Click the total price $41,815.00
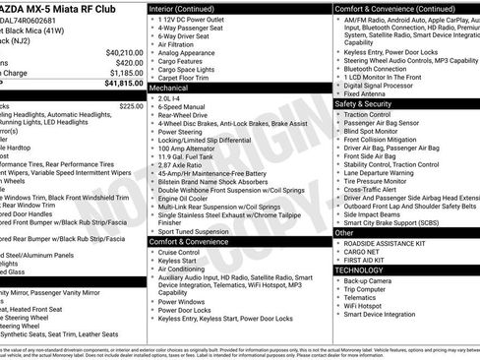point(119,84)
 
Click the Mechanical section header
point(173,87)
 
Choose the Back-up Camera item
point(369,280)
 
